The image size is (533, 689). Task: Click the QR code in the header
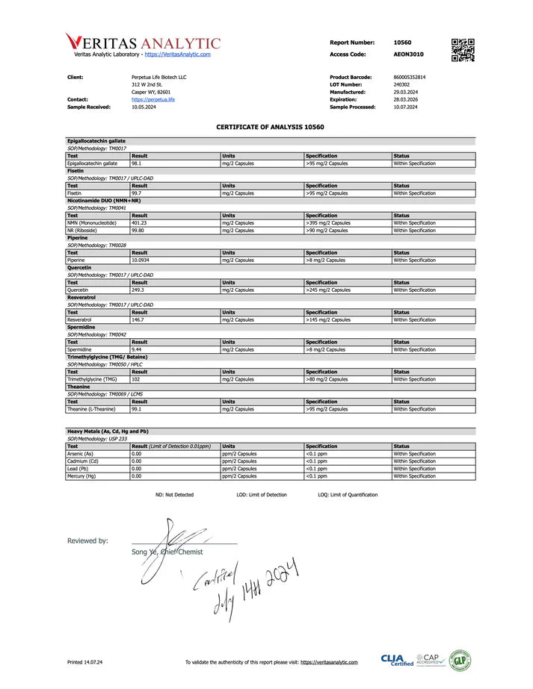pos(463,49)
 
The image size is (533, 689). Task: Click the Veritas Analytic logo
pos(143,43)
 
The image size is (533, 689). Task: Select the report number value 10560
pos(403,43)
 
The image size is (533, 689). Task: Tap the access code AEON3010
pos(409,54)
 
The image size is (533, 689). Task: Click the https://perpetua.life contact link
pos(153,99)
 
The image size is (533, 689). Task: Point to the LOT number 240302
pos(401,84)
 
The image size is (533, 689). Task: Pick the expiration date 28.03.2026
pos(405,99)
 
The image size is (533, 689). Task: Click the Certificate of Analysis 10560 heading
pos(270,127)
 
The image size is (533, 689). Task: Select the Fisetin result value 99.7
pos(137,193)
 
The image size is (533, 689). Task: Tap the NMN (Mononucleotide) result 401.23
pos(140,222)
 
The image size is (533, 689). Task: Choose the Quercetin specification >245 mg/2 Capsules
pos(328,290)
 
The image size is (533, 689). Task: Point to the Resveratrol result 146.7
pos(138,319)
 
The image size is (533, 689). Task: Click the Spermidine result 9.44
pos(137,349)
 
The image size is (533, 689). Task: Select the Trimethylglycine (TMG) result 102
pos(136,379)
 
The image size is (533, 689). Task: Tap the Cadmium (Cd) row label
pos(81,461)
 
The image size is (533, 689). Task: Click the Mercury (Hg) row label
pos(81,476)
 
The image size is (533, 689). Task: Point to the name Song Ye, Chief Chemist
pos(167,552)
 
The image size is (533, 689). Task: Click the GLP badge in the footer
pos(460,661)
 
